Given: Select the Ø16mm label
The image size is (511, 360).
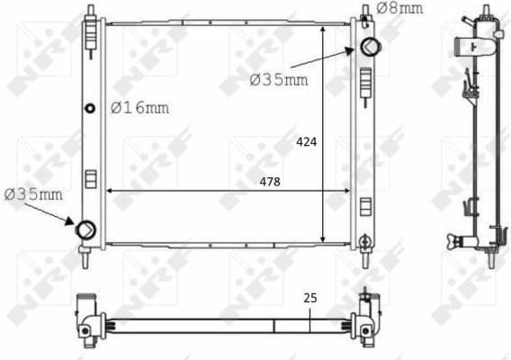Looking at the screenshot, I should tap(139, 108).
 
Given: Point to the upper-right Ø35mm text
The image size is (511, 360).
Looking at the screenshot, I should tap(278, 80).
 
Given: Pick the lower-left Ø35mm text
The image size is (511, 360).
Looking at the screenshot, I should tap(33, 193).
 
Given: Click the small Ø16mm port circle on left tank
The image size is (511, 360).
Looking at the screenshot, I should tap(89, 109).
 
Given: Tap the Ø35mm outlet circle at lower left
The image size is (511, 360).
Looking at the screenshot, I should tap(85, 230).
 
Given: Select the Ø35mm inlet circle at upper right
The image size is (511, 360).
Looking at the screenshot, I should tap(369, 47).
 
